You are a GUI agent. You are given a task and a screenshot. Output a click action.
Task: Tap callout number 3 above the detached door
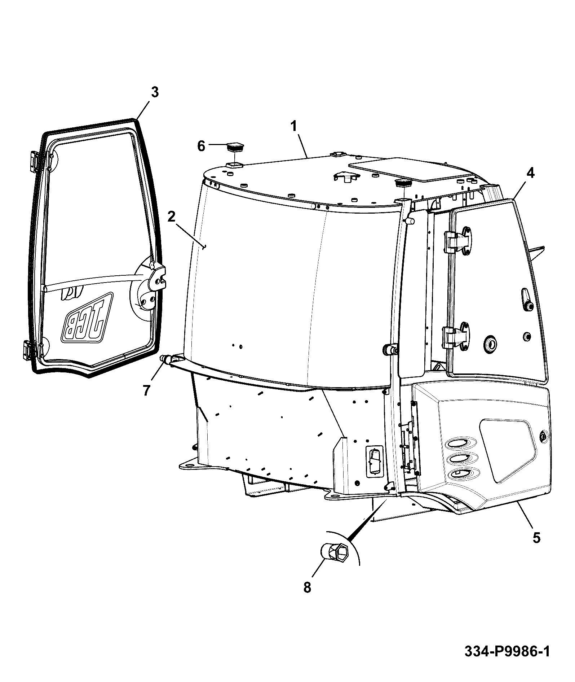[154, 93]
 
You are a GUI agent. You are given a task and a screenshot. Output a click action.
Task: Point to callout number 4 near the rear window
[530, 174]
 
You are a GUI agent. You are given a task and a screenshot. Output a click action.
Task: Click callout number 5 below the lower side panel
[537, 538]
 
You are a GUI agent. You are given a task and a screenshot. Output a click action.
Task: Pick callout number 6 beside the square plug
[201, 146]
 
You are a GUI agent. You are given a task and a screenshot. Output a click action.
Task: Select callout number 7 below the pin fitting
[146, 390]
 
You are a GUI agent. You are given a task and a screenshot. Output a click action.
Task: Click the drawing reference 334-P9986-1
[507, 652]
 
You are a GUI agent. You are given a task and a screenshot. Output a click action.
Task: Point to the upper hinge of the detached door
[34, 161]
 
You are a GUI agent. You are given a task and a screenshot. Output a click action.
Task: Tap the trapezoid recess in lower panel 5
[508, 449]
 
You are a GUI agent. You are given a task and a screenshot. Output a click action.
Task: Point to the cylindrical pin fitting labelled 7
[167, 359]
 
